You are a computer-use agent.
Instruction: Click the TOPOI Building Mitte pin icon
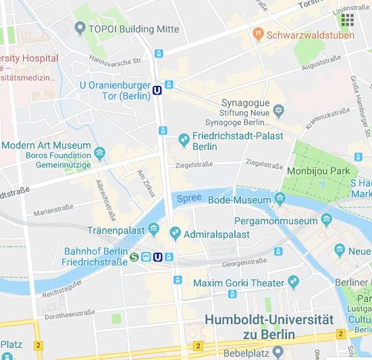pyautogui.click(x=80, y=29)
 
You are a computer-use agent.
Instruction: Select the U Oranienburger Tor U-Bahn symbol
pyautogui.click(x=157, y=90)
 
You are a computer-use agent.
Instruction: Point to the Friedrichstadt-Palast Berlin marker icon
pyautogui.click(x=183, y=140)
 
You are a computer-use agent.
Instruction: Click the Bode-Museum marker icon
pyautogui.click(x=280, y=199)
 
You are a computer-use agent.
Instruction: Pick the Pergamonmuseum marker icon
pyautogui.click(x=327, y=220)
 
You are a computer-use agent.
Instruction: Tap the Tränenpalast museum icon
pyautogui.click(x=155, y=230)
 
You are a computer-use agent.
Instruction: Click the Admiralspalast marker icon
pyautogui.click(x=175, y=234)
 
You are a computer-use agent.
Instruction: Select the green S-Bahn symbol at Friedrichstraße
pyautogui.click(x=135, y=257)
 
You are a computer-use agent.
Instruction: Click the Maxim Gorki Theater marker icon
pyautogui.click(x=293, y=282)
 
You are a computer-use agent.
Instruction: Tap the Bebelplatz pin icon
pyautogui.click(x=277, y=352)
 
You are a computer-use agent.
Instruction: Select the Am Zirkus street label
pyautogui.click(x=147, y=184)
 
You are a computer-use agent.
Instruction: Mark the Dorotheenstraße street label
pyautogui.click(x=67, y=315)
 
